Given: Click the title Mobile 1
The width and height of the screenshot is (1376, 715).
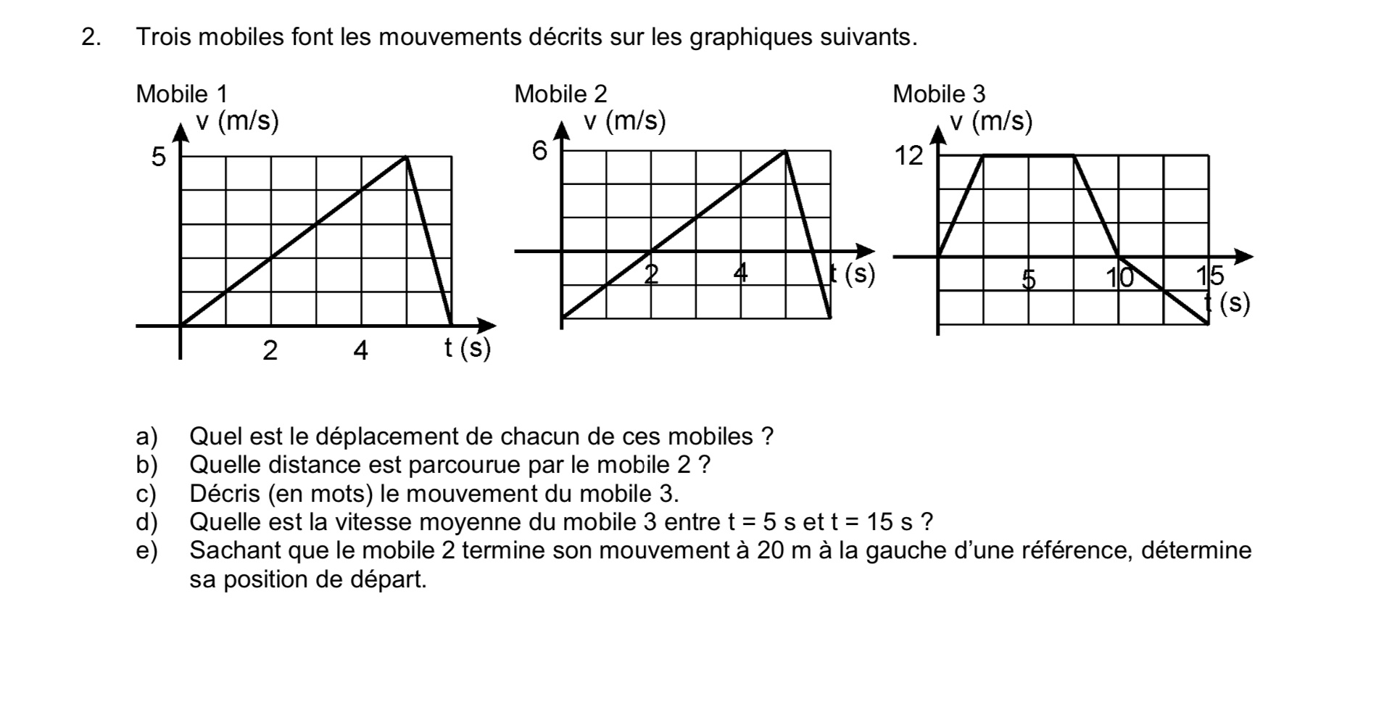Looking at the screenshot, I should [181, 94].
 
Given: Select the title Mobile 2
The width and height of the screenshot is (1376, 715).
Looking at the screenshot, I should [560, 94].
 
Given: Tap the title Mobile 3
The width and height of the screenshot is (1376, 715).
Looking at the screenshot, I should [939, 94].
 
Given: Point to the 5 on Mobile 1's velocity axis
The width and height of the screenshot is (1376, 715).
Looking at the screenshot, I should [158, 157].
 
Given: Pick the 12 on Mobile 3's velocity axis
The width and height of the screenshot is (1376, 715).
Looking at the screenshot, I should [909, 155].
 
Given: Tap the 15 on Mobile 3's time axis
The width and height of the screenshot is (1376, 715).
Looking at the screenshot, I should [1209, 276].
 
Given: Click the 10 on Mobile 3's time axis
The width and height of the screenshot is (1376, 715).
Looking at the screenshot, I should [1119, 276].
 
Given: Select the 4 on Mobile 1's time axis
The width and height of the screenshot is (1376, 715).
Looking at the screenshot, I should [360, 351].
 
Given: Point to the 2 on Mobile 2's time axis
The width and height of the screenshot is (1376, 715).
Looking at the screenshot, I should [651, 274].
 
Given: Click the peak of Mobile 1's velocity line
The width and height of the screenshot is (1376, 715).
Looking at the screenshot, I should [406, 157].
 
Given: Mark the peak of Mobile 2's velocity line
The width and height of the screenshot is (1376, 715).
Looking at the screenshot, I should [785, 151].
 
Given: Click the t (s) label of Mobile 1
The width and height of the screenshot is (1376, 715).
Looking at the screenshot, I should [468, 349].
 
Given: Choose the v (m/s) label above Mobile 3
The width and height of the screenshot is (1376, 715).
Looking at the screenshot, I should [991, 121].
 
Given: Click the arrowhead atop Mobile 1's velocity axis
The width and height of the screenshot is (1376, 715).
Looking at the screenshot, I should [181, 130].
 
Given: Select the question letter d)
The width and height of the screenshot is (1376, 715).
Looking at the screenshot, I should [146, 522].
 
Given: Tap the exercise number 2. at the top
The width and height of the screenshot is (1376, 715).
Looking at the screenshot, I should [91, 37].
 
